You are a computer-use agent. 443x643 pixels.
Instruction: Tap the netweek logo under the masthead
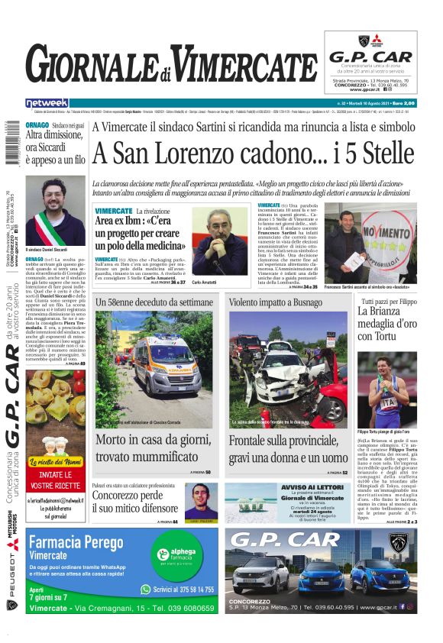(x=47, y=102)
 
